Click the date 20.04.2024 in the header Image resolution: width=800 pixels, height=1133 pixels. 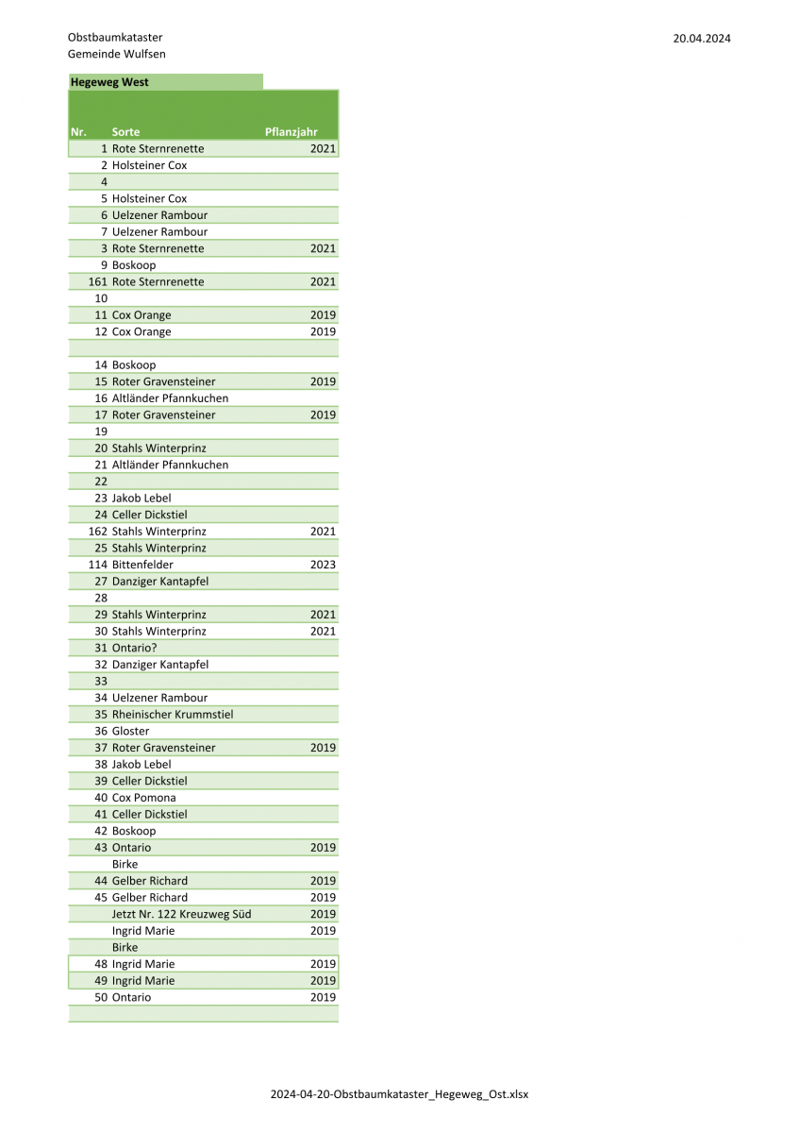click(x=701, y=39)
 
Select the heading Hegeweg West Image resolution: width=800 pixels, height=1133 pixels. click(x=109, y=82)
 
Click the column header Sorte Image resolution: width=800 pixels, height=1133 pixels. click(x=125, y=132)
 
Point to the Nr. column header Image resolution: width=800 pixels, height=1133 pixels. click(x=78, y=132)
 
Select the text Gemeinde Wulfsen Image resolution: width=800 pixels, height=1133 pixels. click(x=116, y=54)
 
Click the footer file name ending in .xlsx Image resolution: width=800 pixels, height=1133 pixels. click(x=399, y=1094)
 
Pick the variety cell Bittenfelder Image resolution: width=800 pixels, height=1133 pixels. click(x=142, y=565)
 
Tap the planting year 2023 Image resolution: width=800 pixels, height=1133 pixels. click(x=323, y=565)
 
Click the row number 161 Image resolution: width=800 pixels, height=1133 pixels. click(x=98, y=282)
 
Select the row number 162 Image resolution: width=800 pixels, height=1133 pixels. click(x=98, y=532)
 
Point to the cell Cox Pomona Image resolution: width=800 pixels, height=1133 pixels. click(x=143, y=798)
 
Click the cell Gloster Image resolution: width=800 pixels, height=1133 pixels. click(x=130, y=731)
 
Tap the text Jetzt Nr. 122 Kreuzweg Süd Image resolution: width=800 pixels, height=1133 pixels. click(x=181, y=914)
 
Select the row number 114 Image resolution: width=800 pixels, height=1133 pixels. click(x=98, y=565)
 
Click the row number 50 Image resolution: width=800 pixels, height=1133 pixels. click(x=101, y=997)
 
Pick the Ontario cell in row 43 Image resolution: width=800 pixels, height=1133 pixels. click(x=131, y=848)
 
